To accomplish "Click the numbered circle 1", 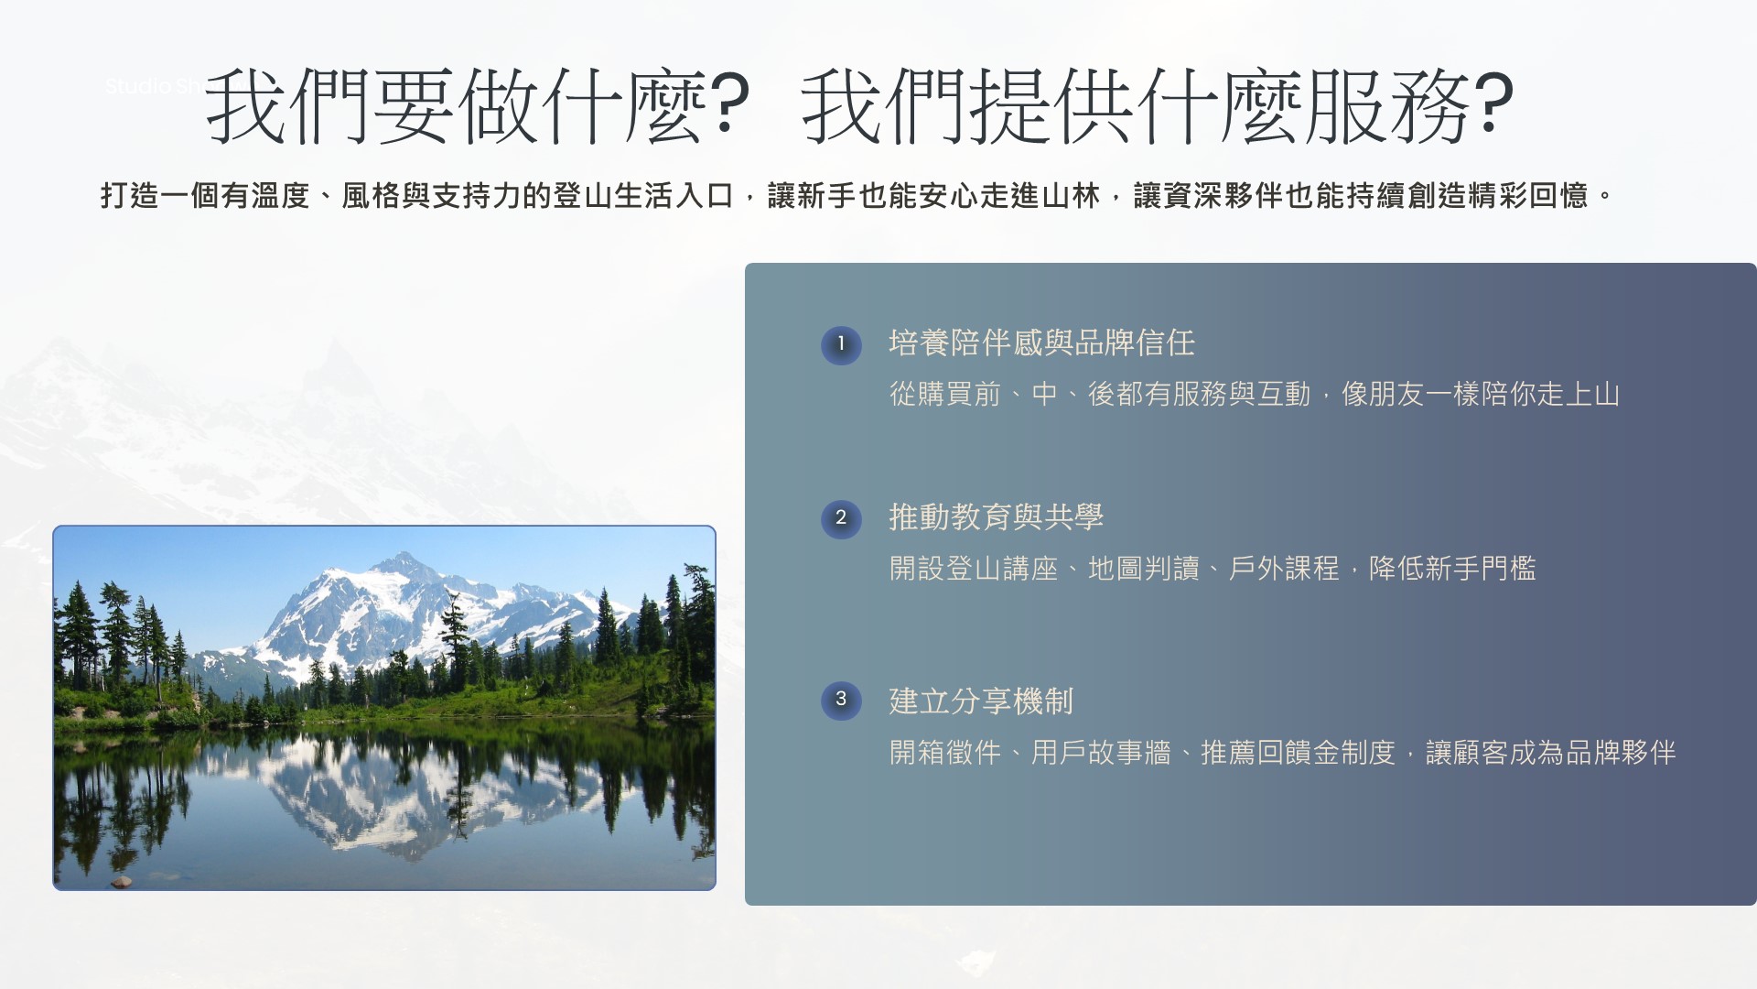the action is (x=841, y=345).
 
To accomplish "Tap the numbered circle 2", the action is (x=841, y=518).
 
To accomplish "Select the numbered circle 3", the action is (x=841, y=701).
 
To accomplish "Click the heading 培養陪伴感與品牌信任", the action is (x=1042, y=343).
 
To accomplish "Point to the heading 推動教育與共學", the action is (x=997, y=517).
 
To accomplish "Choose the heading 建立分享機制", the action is (x=981, y=701).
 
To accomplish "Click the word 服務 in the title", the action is (x=1388, y=105).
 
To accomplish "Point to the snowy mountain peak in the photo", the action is (x=399, y=563).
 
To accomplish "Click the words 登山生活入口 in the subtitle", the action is (x=643, y=196).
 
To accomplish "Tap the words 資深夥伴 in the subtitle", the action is (x=1224, y=196).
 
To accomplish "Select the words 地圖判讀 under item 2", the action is (x=1144, y=569).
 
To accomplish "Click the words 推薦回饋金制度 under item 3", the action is (x=1299, y=753).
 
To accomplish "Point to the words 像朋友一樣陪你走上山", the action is (x=1481, y=395).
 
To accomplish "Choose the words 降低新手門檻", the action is (x=1452, y=569).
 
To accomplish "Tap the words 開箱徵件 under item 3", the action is (x=945, y=753).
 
